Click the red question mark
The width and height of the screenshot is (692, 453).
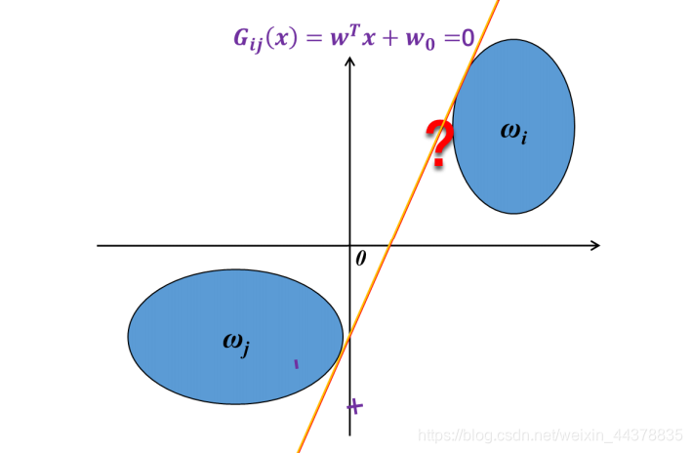(x=440, y=142)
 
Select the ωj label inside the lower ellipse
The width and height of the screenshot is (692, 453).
(x=236, y=342)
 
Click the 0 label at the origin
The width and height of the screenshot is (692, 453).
(x=360, y=259)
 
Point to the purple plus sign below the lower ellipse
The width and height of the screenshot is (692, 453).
(x=355, y=406)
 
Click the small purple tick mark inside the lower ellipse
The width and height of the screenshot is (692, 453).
(x=297, y=364)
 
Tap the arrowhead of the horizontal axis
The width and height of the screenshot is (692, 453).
(x=593, y=245)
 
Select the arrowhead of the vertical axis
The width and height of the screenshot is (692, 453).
(x=350, y=65)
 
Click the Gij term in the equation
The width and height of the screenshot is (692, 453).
(x=248, y=41)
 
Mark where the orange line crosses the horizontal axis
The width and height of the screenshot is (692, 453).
(x=390, y=245)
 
